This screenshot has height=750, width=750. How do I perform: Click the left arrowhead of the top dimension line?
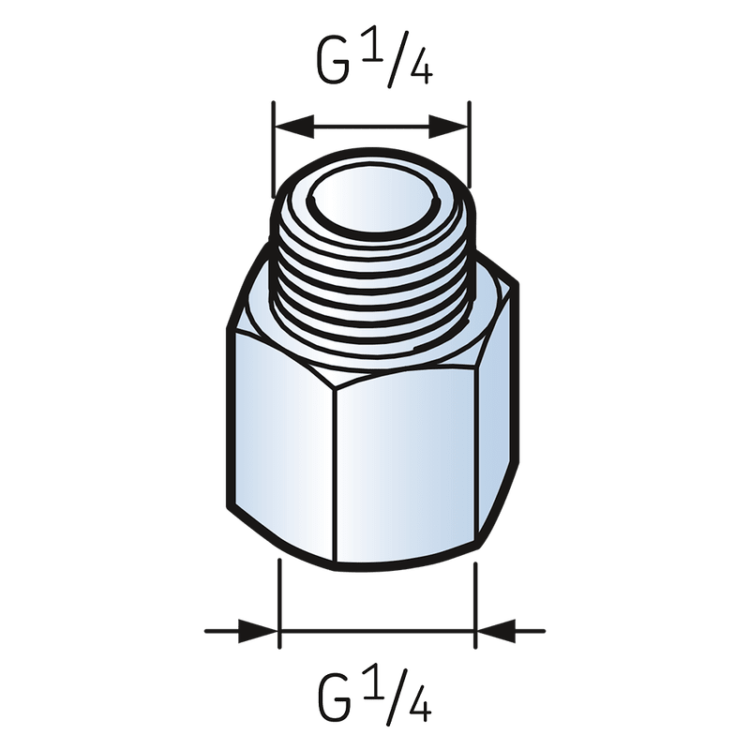tap(286, 124)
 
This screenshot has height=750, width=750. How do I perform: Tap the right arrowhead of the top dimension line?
tap(454, 124)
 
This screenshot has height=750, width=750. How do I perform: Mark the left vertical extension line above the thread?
tap(272, 150)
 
